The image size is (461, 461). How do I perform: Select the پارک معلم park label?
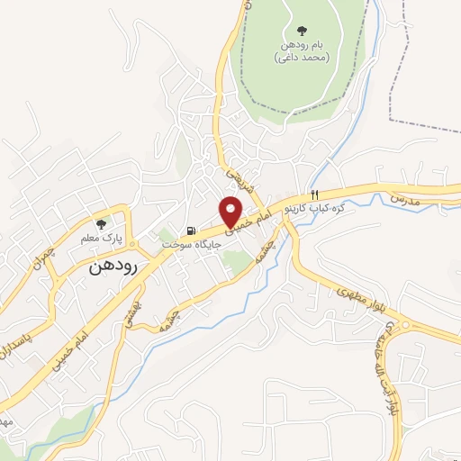[101, 238]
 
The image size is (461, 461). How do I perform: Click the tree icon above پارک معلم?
[101, 222]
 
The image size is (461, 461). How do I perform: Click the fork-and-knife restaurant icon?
[313, 195]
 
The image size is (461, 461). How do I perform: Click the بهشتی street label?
[132, 312]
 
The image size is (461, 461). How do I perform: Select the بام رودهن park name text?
[300, 44]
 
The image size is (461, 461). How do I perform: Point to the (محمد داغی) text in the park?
[302, 58]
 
